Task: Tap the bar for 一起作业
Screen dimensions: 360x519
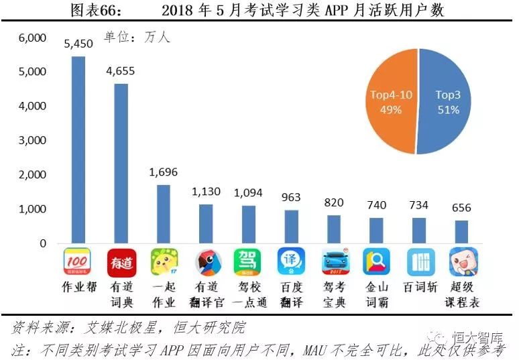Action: [x=163, y=213]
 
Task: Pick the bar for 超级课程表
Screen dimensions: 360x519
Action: [x=461, y=231]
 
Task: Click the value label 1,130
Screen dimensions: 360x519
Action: [x=206, y=192]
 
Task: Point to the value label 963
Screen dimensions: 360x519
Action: [x=291, y=198]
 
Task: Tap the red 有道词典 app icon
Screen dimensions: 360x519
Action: [x=121, y=262]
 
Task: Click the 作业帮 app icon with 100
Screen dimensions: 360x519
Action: [x=78, y=262]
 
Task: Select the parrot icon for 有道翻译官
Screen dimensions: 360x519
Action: [x=206, y=262]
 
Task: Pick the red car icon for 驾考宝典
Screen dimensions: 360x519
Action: [x=334, y=262]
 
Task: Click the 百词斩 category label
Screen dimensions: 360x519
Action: [x=419, y=287]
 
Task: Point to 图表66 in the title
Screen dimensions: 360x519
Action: [x=93, y=9]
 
